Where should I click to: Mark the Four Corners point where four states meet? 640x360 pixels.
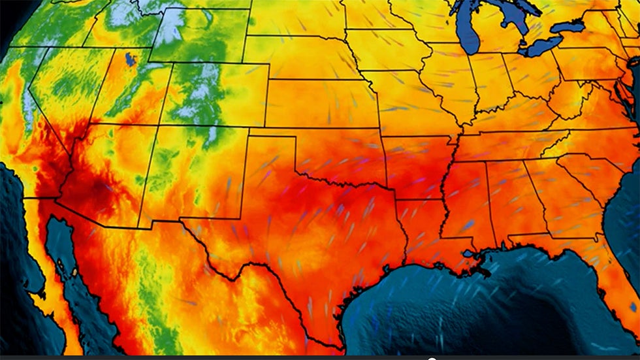point(159,125)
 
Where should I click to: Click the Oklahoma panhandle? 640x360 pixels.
point(274,135)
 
